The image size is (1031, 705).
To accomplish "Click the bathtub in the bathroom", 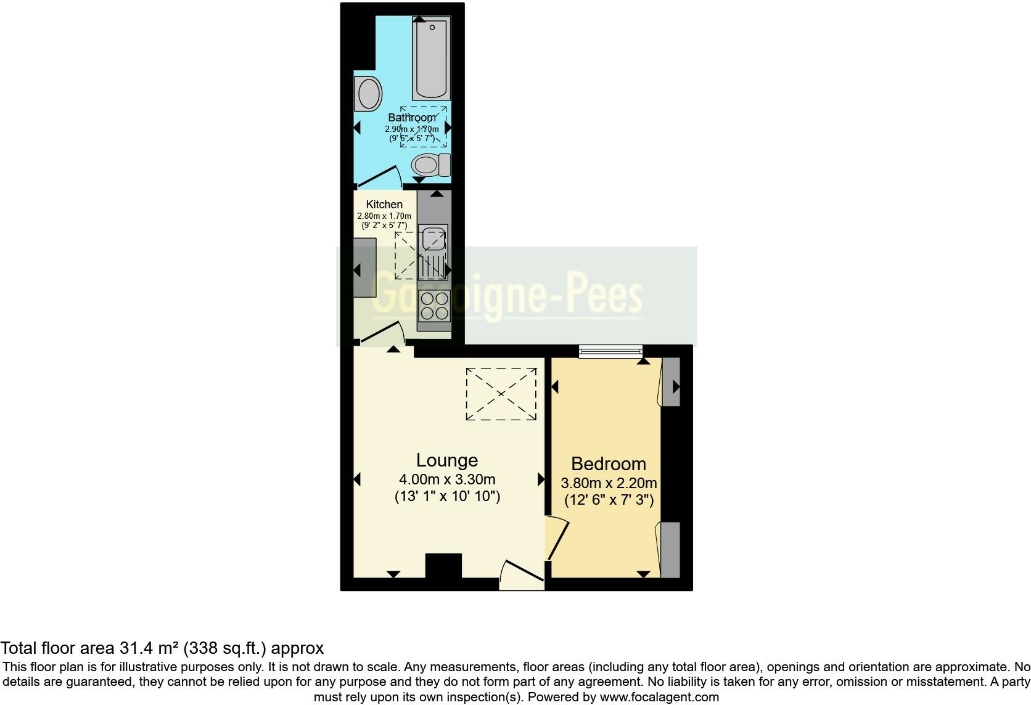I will tap(433, 59).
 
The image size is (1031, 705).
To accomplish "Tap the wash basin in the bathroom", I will tap(368, 94).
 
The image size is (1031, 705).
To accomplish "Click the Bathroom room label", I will tap(411, 117).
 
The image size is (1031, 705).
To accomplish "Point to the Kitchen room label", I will tap(384, 205).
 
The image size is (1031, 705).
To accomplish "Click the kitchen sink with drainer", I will tap(433, 251).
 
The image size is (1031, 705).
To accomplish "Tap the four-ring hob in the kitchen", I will tap(433, 306).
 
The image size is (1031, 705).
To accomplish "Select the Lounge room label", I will tap(447, 460).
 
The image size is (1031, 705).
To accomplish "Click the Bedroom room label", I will tap(608, 463).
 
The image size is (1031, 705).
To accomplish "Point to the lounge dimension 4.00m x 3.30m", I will tap(447, 479).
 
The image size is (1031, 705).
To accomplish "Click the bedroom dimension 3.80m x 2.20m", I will tap(608, 483).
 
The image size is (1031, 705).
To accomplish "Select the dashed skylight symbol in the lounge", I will tap(501, 394).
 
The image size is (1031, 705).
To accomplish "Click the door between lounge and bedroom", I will tap(556, 539).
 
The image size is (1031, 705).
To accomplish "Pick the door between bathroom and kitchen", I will tap(379, 177).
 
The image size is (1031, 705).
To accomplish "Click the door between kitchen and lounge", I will tap(382, 333).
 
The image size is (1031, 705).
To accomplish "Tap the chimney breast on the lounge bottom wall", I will tap(443, 565).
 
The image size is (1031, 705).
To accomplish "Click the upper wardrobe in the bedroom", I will tap(670, 382).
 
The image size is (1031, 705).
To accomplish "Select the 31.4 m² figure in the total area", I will tap(149, 648).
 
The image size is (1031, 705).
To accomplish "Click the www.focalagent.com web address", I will tap(659, 698).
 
